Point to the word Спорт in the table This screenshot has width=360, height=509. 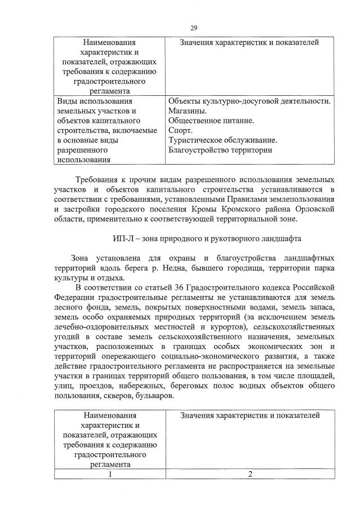click(x=180, y=130)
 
